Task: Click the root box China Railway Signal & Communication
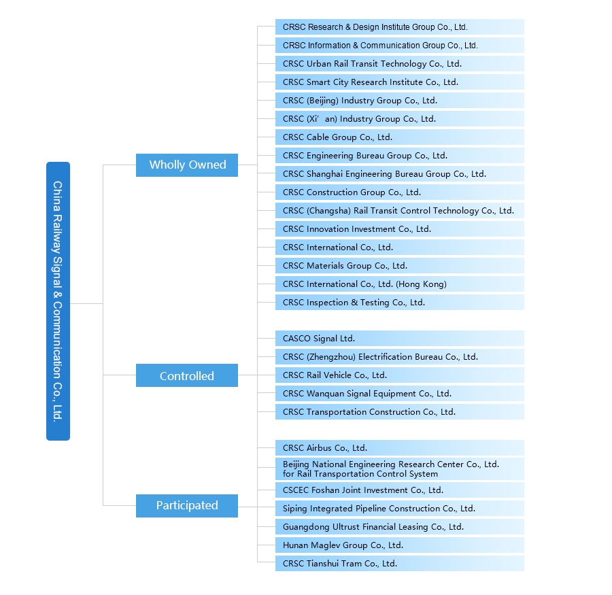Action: (58, 301)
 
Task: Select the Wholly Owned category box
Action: (187, 165)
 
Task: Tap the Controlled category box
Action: (187, 375)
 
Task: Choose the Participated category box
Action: (187, 506)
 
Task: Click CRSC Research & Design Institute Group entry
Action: (400, 27)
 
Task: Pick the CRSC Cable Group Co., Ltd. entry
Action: (400, 137)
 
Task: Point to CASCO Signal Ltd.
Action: (400, 339)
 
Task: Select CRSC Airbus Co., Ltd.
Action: (400, 448)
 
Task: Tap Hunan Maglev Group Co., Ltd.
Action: (400, 545)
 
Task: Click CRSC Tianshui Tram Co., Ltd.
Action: (400, 563)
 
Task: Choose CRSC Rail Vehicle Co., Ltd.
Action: (400, 375)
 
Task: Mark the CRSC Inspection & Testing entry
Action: (400, 302)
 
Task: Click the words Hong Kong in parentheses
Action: (422, 284)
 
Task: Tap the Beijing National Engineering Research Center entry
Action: (400, 469)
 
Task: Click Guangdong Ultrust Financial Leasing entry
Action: (400, 527)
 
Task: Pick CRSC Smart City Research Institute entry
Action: (400, 82)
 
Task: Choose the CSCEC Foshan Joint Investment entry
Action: (400, 490)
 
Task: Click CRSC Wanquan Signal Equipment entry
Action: (400, 394)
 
